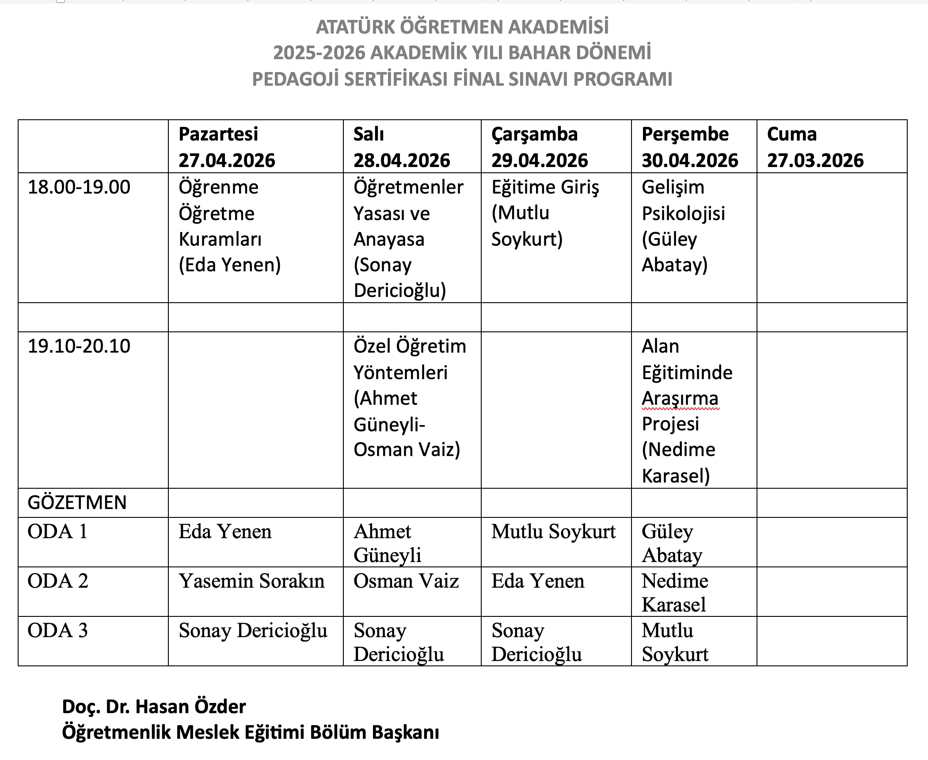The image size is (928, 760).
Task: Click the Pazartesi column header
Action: (x=218, y=134)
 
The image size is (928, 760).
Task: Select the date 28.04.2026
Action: (x=402, y=160)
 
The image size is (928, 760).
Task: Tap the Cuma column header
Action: (x=792, y=134)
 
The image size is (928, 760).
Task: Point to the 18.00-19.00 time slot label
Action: (x=79, y=187)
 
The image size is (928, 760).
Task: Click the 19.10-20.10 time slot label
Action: (x=79, y=346)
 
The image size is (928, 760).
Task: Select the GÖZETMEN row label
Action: (x=77, y=503)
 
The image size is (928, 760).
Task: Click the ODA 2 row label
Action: (x=58, y=581)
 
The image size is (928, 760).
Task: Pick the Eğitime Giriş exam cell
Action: (x=545, y=213)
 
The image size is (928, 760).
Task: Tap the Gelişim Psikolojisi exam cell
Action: (x=683, y=226)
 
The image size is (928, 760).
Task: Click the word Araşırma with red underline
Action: (x=680, y=399)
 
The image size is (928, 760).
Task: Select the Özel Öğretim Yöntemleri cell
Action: (x=410, y=398)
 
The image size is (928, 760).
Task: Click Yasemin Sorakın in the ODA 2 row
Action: (x=251, y=581)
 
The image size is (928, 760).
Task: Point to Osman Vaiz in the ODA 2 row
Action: (x=406, y=581)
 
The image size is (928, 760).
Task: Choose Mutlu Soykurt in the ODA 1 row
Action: (x=553, y=532)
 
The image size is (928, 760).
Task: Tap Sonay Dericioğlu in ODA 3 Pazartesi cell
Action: (x=253, y=631)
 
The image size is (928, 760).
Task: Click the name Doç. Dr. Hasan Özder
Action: (x=154, y=707)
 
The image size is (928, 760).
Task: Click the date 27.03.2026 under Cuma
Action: (x=815, y=160)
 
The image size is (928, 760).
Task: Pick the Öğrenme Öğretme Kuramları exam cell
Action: (x=230, y=226)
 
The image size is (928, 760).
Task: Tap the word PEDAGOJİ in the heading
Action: (x=295, y=80)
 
